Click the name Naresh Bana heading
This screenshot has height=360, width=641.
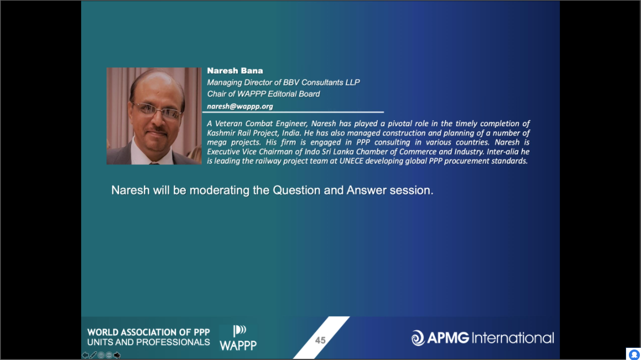coord(234,71)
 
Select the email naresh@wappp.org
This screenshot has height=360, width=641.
coord(240,106)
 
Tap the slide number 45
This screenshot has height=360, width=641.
coord(320,340)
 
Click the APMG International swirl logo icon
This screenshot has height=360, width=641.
coord(418,338)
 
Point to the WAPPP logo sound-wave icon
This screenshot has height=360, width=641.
coord(239,331)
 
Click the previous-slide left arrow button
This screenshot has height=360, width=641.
coord(85,355)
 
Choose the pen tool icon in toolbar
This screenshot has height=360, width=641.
coord(93,355)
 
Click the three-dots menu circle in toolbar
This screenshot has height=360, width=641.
coord(109,355)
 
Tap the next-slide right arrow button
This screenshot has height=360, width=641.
coord(117,355)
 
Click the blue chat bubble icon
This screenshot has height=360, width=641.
coord(634,354)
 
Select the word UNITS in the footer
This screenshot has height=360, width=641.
coord(100,342)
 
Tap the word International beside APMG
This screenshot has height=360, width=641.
coord(512,338)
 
